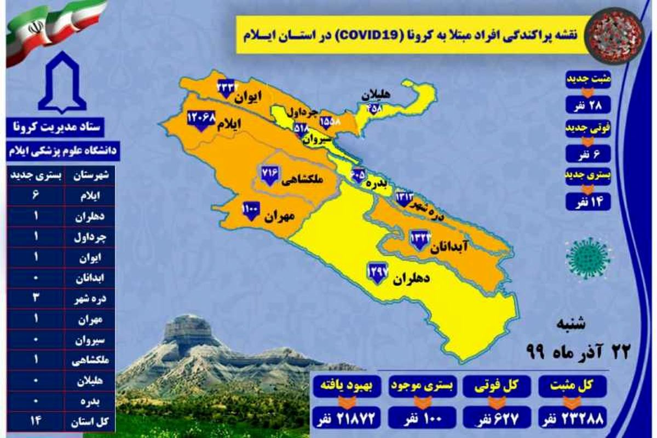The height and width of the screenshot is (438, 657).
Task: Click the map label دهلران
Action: pyautogui.click(x=410, y=279)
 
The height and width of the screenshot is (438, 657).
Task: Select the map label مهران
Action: pyautogui.click(x=279, y=217)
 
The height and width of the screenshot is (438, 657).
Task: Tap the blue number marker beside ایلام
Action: pyautogui.click(x=200, y=120)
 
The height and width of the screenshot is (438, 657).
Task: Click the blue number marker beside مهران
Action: pyautogui.click(x=250, y=210)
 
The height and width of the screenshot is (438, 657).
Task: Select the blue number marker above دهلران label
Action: pyautogui.click(x=378, y=272)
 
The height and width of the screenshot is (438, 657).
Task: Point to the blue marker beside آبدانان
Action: pyautogui.click(x=420, y=240)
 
